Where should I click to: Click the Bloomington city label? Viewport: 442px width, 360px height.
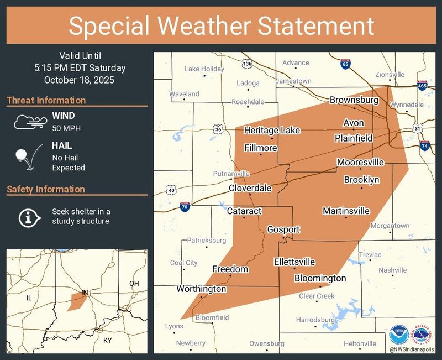(x=320, y=278)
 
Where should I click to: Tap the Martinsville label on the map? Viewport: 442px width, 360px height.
(x=346, y=211)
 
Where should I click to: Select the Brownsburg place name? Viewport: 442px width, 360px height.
(x=354, y=100)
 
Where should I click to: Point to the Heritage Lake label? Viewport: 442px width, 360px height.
(x=272, y=130)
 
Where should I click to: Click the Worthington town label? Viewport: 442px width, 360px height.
(x=201, y=289)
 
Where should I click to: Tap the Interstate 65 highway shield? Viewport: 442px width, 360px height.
(x=345, y=64)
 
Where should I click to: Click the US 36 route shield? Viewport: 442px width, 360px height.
(x=218, y=129)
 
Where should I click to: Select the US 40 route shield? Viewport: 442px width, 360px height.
(x=172, y=190)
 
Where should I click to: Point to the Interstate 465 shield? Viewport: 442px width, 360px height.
(x=422, y=86)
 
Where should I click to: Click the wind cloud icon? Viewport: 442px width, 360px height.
(x=28, y=121)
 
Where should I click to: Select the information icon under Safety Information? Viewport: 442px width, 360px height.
(x=28, y=217)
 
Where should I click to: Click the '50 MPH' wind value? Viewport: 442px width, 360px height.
(x=64, y=128)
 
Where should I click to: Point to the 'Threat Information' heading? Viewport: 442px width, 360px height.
(x=46, y=100)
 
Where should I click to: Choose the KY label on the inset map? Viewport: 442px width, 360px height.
(x=108, y=340)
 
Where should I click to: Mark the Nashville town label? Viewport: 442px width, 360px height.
(x=392, y=270)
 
